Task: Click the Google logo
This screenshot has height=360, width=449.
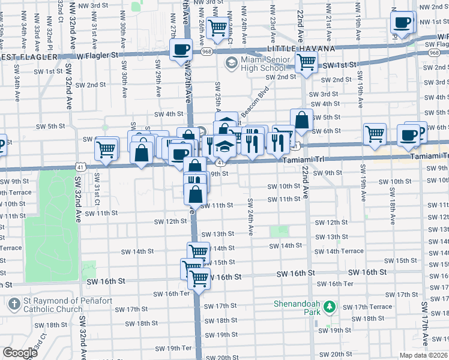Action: point(19,352)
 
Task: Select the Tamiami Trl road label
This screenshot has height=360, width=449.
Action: point(430,156)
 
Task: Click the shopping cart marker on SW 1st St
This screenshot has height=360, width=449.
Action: point(307,62)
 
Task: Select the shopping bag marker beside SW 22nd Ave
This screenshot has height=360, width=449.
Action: point(302,121)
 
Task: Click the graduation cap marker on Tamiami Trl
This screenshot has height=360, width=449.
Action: point(224,146)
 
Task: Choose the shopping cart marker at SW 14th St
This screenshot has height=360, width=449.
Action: point(198,251)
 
